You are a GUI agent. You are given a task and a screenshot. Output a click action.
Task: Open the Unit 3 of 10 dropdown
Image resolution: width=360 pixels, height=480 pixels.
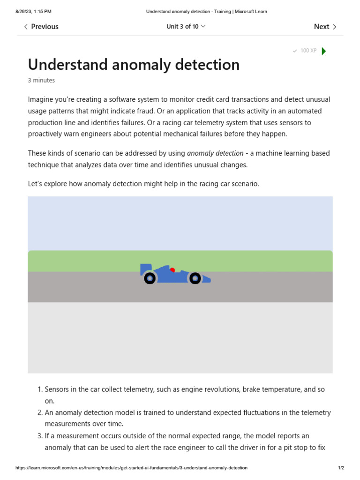pos(186,27)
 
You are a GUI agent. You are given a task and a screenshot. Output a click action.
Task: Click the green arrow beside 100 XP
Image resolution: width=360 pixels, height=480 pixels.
pos(324,51)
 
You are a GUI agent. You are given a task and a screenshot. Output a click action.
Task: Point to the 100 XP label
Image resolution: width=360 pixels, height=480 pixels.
pos(308,51)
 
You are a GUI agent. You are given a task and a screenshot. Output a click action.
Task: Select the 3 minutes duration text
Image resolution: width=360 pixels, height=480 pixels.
pos(41,80)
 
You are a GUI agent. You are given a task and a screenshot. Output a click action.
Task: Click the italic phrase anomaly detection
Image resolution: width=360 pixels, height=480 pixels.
pos(215,153)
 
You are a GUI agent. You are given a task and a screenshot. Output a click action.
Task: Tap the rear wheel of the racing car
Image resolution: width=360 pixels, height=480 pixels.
pos(150,278)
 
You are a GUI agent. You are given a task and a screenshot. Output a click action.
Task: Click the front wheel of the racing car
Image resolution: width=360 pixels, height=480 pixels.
pos(195,278)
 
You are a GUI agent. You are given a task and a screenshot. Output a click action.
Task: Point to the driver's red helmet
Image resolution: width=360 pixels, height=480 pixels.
pos(172,270)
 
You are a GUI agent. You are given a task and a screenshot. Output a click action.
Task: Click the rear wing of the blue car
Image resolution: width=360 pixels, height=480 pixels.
pos(145,269)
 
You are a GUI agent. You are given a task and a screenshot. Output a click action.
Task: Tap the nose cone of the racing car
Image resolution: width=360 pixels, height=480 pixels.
pos(207,280)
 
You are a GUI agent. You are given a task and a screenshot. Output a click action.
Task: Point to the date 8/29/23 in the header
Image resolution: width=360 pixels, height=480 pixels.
pos(26,11)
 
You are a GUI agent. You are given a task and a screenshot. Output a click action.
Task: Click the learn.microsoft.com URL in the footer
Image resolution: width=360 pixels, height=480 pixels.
pos(131,468)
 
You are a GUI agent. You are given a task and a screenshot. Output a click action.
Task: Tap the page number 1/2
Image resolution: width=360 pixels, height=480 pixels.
pos(341,468)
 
